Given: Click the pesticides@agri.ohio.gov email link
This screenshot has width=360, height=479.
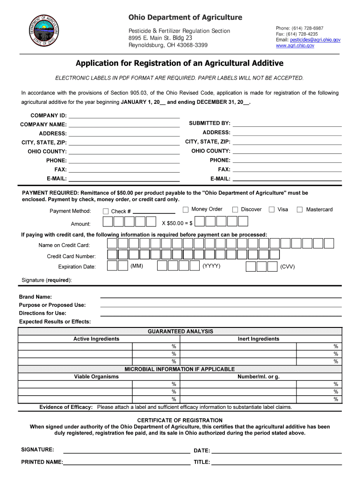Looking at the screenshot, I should (x=315, y=40).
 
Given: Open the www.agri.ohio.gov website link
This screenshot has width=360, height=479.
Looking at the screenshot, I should (x=295, y=46).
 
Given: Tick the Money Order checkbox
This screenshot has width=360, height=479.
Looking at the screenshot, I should (x=186, y=210).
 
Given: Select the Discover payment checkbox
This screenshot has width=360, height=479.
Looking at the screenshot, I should (x=235, y=210).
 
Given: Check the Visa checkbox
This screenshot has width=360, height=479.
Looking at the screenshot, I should (x=272, y=210).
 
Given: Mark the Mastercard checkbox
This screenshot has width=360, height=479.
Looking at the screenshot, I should (x=300, y=210).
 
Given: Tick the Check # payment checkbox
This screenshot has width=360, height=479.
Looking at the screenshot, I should (x=106, y=211).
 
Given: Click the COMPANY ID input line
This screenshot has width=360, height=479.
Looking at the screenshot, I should (x=124, y=116).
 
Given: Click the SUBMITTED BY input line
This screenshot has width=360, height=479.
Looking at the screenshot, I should (x=287, y=124).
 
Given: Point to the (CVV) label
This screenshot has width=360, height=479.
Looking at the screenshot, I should (x=288, y=267).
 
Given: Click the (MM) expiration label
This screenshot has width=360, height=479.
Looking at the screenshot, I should (x=137, y=266).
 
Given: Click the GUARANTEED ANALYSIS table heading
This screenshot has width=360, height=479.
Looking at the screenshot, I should (x=180, y=332).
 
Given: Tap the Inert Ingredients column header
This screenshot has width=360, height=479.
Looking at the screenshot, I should (x=258, y=339).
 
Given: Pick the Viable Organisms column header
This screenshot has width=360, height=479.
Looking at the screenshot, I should (x=96, y=377).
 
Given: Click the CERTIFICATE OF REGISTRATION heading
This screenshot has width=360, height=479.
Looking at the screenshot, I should (x=180, y=420).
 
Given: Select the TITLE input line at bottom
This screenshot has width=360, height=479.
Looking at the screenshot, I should (x=277, y=463).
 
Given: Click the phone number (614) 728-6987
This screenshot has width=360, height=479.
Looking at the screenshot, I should (x=307, y=29).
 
